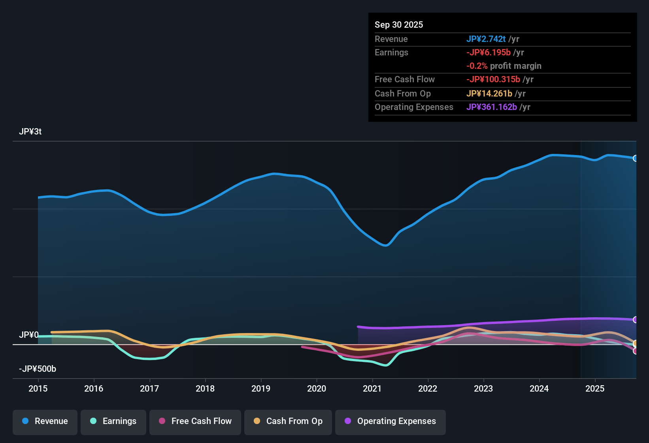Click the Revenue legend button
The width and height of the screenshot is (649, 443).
coord(45,421)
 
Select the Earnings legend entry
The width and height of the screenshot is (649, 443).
coord(113,421)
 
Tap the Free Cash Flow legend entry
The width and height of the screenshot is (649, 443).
coord(195,421)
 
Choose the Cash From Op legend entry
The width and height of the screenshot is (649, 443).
coord(288,421)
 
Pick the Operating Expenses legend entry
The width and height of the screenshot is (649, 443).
coord(391,421)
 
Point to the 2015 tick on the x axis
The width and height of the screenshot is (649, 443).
coord(38,388)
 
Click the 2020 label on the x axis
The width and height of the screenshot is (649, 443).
coord(317,388)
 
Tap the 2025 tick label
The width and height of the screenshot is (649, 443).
coord(595,388)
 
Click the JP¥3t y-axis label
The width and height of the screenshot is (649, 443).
coord(30,132)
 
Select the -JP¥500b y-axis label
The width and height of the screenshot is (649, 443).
coord(38,369)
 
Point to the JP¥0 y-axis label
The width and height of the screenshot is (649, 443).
coord(29,335)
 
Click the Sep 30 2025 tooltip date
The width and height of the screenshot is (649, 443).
coord(399,25)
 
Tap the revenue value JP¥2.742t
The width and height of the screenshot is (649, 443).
coord(486,39)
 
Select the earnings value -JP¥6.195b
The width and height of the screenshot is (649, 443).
coord(489,53)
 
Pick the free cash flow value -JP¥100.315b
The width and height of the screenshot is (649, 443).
coord(493,80)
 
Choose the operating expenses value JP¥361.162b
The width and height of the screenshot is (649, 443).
coord(492,107)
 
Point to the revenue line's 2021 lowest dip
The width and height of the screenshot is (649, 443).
coord(385,246)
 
